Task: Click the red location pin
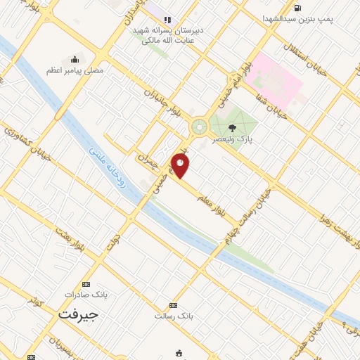[x=181, y=166]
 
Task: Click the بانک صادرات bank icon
[x=86, y=284]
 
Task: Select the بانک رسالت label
[x=174, y=316]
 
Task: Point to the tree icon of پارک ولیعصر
[x=233, y=127]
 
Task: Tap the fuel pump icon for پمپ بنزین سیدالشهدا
[x=297, y=8]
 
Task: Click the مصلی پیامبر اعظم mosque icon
[x=75, y=59]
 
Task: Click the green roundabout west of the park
[x=199, y=127]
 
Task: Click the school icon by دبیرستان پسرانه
[x=167, y=20]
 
